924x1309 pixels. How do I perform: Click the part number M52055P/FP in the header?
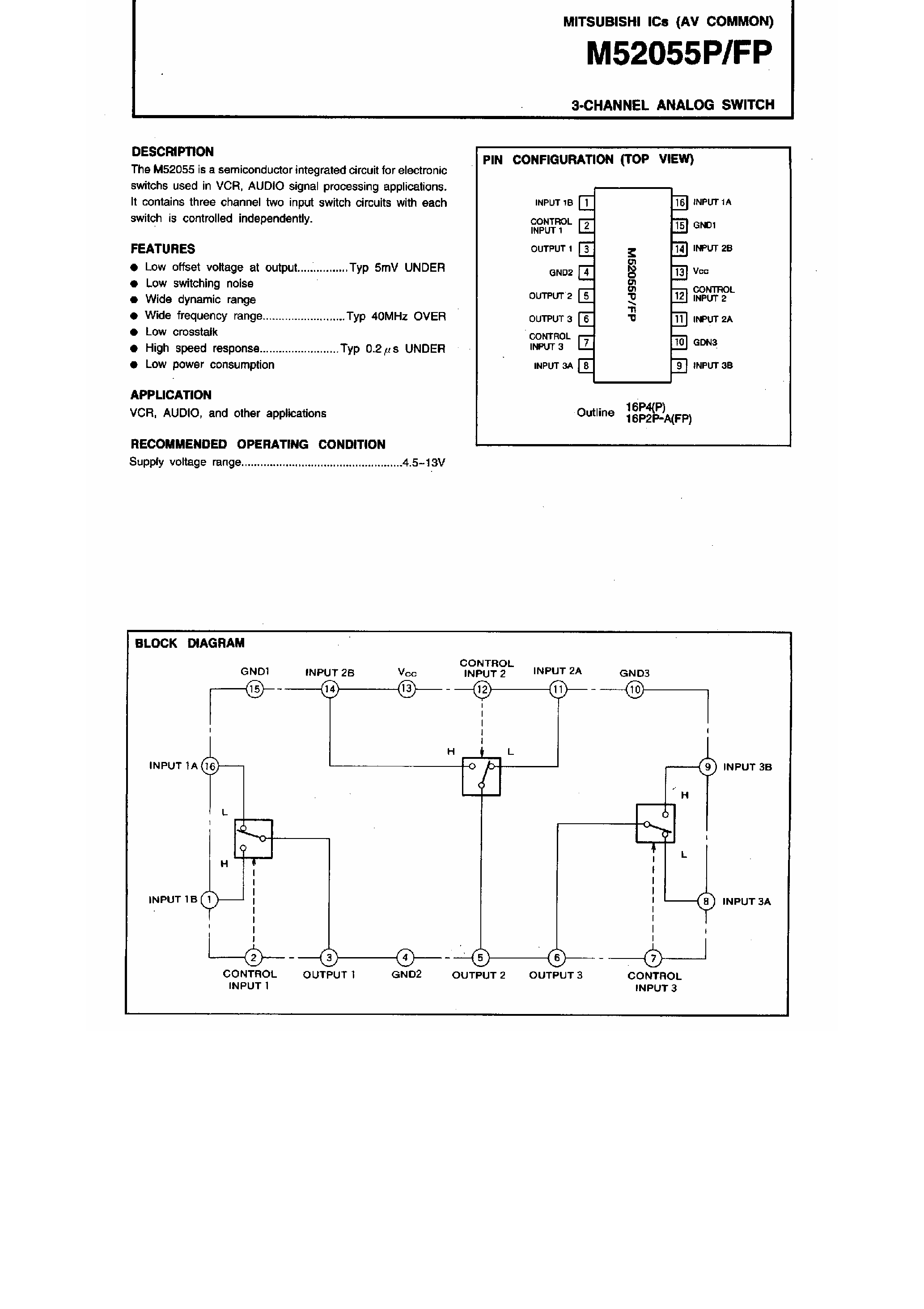[x=679, y=54]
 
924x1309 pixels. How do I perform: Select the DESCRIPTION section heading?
[x=172, y=152]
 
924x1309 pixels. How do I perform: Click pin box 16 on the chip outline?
[x=680, y=202]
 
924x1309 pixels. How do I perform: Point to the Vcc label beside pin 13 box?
[x=701, y=271]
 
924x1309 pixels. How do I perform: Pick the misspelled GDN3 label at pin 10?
[x=705, y=342]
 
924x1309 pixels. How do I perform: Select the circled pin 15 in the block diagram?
[x=254, y=690]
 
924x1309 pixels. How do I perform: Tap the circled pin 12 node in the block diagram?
[x=482, y=690]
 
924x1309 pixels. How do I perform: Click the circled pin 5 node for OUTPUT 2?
[x=480, y=958]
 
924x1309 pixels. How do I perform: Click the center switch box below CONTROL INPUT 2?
[x=481, y=777]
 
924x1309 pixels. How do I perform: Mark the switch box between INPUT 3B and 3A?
[x=655, y=823]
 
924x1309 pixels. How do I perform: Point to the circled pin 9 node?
[x=707, y=767]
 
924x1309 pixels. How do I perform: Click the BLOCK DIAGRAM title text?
[x=189, y=643]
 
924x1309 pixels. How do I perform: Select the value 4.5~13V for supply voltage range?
[x=423, y=462]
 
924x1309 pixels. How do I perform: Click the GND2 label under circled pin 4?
[x=406, y=974]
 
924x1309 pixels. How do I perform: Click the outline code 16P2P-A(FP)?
[x=658, y=419]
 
